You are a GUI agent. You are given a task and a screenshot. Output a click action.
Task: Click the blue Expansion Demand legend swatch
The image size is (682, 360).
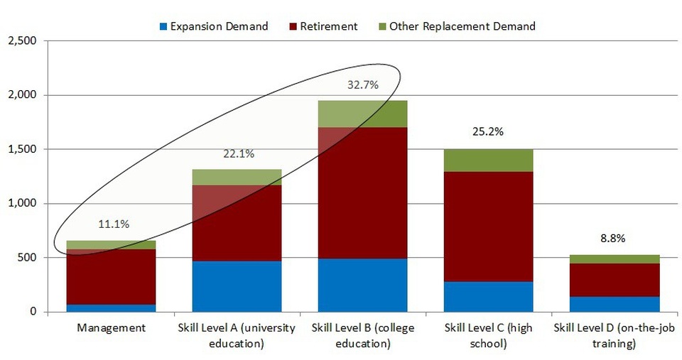[163, 27]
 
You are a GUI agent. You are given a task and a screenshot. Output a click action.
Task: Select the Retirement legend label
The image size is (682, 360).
[329, 26]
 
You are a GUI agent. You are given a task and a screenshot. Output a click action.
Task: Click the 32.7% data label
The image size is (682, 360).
[362, 85]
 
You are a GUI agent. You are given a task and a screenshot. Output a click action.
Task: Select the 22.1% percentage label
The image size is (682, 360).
[237, 153]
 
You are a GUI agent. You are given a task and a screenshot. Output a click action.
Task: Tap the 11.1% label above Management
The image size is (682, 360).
[112, 224]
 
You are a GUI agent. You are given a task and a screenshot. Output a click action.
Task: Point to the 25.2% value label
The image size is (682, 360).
[488, 132]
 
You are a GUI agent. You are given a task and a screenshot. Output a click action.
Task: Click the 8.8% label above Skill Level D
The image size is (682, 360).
[613, 239]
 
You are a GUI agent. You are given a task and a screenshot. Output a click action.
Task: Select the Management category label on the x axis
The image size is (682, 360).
[111, 328]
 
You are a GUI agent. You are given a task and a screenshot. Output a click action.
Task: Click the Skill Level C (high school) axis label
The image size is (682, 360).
[487, 335]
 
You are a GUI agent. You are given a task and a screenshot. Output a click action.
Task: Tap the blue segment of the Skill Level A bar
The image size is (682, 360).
[237, 286]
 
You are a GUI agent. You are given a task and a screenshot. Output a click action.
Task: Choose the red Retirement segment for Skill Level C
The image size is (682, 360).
[488, 227]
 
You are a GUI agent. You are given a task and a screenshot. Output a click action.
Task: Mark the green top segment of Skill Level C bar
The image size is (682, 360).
[488, 160]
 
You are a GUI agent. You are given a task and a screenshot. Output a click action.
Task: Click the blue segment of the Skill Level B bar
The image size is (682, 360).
[362, 285]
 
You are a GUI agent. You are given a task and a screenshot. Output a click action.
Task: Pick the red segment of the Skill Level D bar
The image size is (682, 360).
[615, 280]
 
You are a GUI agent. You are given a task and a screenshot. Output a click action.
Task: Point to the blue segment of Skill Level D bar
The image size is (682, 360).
[615, 304]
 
